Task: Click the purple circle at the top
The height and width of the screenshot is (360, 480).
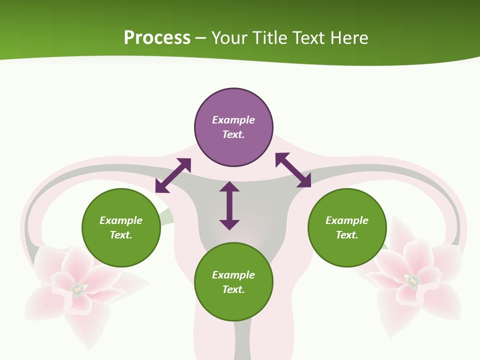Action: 233,127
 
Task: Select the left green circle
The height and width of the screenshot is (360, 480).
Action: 121,227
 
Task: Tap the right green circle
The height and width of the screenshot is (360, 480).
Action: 347,227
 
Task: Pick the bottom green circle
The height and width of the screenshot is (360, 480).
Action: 233,282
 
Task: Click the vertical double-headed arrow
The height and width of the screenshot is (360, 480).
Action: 229,205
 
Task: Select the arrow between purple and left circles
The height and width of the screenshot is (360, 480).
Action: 173,175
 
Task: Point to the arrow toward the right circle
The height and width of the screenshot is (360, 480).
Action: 293,170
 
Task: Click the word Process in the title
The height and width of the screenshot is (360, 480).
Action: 157,38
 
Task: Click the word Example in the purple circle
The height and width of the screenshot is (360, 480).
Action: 233,120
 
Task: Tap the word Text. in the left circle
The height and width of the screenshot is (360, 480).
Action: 121,235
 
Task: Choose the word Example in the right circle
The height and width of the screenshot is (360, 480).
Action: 347,220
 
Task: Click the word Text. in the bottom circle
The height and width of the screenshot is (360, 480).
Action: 233,289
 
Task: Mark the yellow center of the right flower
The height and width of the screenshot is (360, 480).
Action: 412,280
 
